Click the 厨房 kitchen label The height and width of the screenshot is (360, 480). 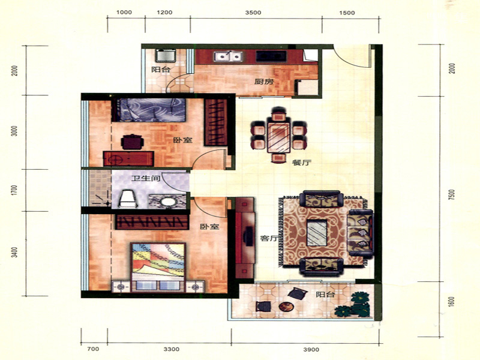point(264,82)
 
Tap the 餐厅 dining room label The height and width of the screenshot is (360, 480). point(302,163)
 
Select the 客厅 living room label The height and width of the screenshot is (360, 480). point(269,238)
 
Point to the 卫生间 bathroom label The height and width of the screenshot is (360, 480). point(146,178)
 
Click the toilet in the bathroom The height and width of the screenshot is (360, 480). point(128,199)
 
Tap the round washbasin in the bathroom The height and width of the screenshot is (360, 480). point(168,202)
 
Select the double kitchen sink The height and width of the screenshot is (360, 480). point(228,56)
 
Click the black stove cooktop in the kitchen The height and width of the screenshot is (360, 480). point(271,56)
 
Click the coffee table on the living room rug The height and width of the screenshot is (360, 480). point(317,232)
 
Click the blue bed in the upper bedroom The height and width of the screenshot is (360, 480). point(149,110)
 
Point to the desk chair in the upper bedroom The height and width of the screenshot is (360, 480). point(132,142)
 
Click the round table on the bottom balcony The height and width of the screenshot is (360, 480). point(286,307)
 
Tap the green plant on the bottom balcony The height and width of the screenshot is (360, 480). point(353,305)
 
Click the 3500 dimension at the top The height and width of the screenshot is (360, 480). point(253,13)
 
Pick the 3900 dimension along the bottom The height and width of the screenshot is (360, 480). point(311,349)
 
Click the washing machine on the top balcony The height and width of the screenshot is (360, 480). point(166,55)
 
